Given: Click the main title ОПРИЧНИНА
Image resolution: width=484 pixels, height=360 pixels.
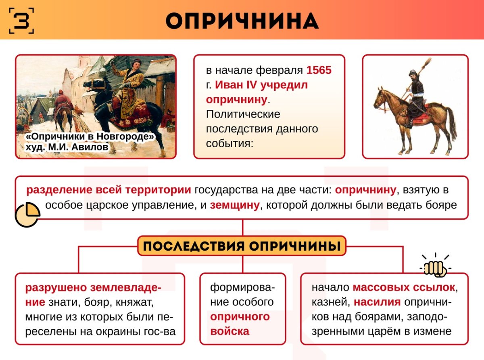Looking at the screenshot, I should pyautogui.click(x=242, y=20).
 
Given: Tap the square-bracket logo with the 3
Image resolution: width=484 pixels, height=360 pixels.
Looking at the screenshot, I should pyautogui.click(x=21, y=20).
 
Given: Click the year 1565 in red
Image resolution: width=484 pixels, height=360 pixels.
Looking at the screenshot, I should pyautogui.click(x=319, y=70).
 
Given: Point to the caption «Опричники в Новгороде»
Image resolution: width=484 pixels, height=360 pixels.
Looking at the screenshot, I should pyautogui.click(x=90, y=137).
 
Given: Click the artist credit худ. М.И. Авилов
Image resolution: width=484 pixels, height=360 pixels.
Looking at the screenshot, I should pyautogui.click(x=67, y=147).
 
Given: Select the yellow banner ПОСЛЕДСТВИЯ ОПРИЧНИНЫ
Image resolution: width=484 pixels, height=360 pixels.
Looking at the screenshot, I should pyautogui.click(x=242, y=246).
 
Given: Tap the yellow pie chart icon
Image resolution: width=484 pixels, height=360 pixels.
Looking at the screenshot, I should pyautogui.click(x=27, y=214).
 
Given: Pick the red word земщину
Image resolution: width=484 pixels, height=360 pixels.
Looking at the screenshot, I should pyautogui.click(x=234, y=205).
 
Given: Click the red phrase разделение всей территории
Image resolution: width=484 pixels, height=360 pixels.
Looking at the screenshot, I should pyautogui.click(x=108, y=190).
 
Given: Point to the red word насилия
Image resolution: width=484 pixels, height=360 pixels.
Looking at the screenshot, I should pyautogui.click(x=377, y=302).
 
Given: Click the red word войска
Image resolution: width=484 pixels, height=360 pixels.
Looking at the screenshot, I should pyautogui.click(x=229, y=331).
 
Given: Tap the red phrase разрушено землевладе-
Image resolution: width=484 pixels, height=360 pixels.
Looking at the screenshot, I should pyautogui.click(x=93, y=288).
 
